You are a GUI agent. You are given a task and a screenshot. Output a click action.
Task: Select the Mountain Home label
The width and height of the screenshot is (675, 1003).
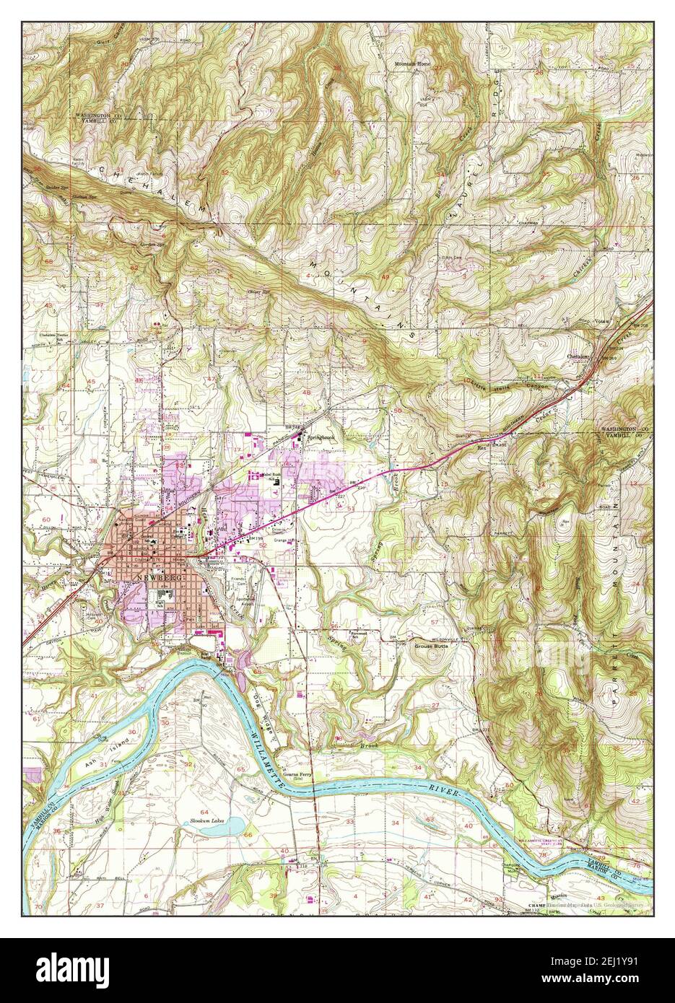point(411,63)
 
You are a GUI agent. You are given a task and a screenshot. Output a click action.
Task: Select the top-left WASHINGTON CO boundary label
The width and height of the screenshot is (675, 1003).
point(96,115)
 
